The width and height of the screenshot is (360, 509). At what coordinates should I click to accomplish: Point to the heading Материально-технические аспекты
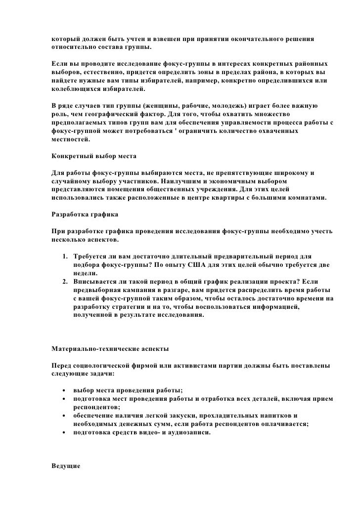click(x=110, y=349)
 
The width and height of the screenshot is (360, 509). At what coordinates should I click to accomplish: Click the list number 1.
click(x=65, y=257)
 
